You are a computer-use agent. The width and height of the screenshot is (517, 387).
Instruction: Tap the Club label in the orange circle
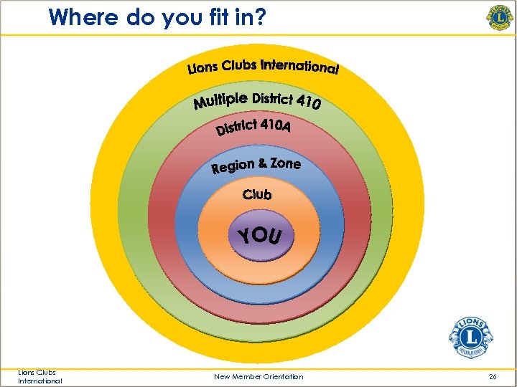point(257,194)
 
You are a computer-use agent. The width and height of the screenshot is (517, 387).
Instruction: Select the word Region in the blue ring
point(233,167)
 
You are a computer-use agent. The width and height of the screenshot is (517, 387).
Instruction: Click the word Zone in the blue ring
point(285,163)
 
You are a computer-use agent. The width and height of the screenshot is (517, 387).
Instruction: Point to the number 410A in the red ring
point(276,125)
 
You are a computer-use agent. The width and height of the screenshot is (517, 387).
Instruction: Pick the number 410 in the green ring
point(307,103)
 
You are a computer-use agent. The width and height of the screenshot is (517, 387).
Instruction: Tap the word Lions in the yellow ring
point(203,69)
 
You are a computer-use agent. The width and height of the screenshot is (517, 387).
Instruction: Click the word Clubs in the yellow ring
point(239,65)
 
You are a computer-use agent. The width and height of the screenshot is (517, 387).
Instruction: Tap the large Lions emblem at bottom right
point(471,336)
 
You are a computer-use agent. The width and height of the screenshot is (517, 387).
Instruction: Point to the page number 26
point(492,376)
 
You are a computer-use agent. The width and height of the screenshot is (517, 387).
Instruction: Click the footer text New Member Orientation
point(258,376)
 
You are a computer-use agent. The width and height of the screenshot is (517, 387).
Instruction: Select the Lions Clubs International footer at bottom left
point(40,376)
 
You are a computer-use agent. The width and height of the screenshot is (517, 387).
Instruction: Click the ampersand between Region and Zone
point(262,164)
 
